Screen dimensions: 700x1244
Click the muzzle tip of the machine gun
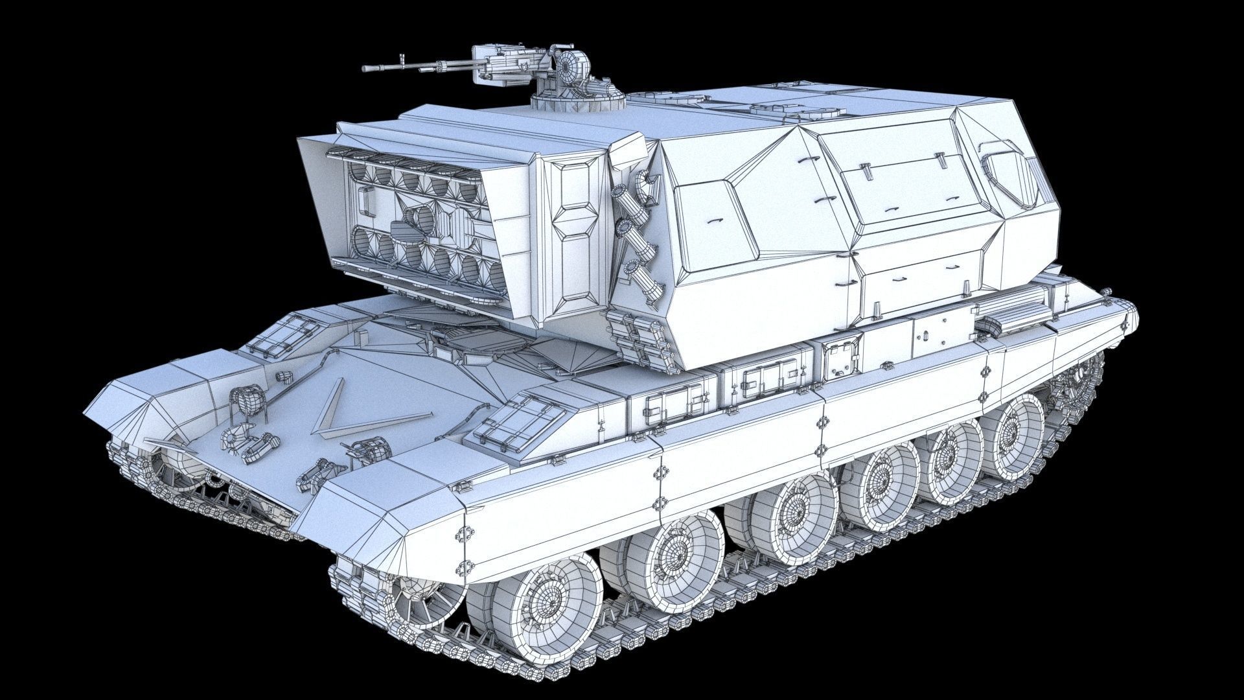coord(365,68)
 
